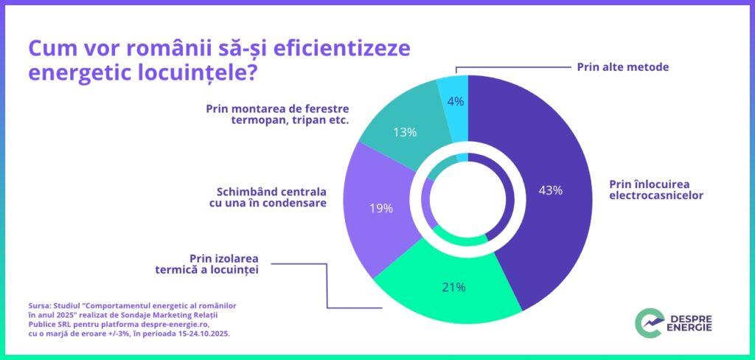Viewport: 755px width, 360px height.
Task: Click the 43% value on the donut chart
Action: point(550,190)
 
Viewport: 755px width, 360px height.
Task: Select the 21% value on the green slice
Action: point(453,287)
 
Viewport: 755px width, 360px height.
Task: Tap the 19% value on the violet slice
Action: point(381,208)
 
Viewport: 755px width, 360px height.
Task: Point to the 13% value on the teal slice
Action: point(405,133)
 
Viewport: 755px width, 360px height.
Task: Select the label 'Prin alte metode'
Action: point(622,66)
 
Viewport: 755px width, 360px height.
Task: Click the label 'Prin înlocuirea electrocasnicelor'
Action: point(656,190)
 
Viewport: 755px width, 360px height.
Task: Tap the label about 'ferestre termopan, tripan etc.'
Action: point(277,115)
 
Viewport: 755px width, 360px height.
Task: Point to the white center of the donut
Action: point(467,198)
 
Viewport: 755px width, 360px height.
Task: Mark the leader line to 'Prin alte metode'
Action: point(509,66)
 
